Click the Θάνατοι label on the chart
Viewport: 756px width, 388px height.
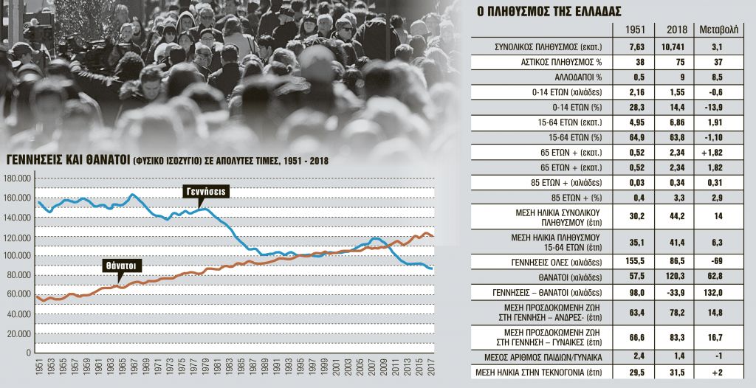point(123,265)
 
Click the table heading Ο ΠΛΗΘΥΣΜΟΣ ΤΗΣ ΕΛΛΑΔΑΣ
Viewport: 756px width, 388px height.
point(537,12)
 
